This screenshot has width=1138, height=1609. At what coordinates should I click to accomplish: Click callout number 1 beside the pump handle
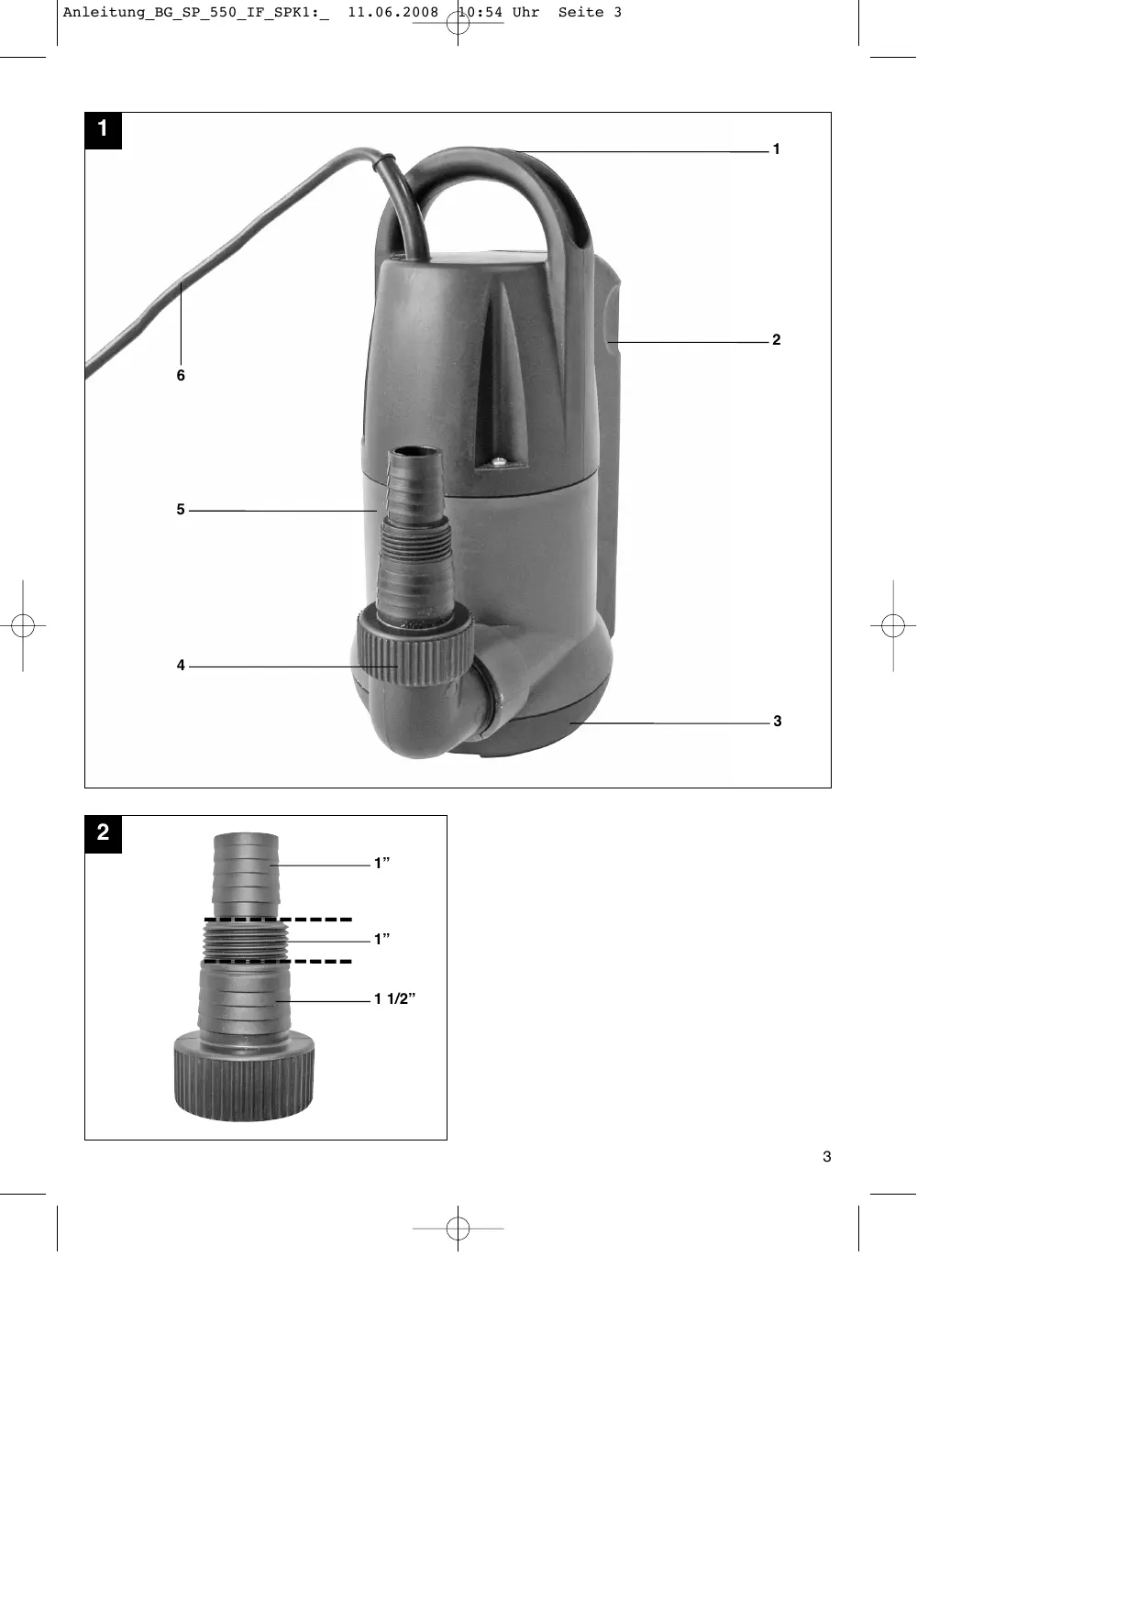click(776, 149)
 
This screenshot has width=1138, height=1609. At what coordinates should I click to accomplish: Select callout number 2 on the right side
click(777, 340)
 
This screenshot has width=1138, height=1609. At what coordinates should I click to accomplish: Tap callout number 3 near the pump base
click(778, 722)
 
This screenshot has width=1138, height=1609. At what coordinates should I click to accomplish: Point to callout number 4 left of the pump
click(181, 666)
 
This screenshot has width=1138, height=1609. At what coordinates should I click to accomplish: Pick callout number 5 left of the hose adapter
click(181, 510)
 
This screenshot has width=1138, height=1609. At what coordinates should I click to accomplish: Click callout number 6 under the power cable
click(181, 376)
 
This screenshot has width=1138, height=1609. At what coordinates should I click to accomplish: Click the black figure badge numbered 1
click(104, 130)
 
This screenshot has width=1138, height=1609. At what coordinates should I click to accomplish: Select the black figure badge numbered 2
click(104, 834)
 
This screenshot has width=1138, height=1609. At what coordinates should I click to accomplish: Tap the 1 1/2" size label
click(395, 999)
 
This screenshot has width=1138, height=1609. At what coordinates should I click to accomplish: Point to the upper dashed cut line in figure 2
click(278, 919)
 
